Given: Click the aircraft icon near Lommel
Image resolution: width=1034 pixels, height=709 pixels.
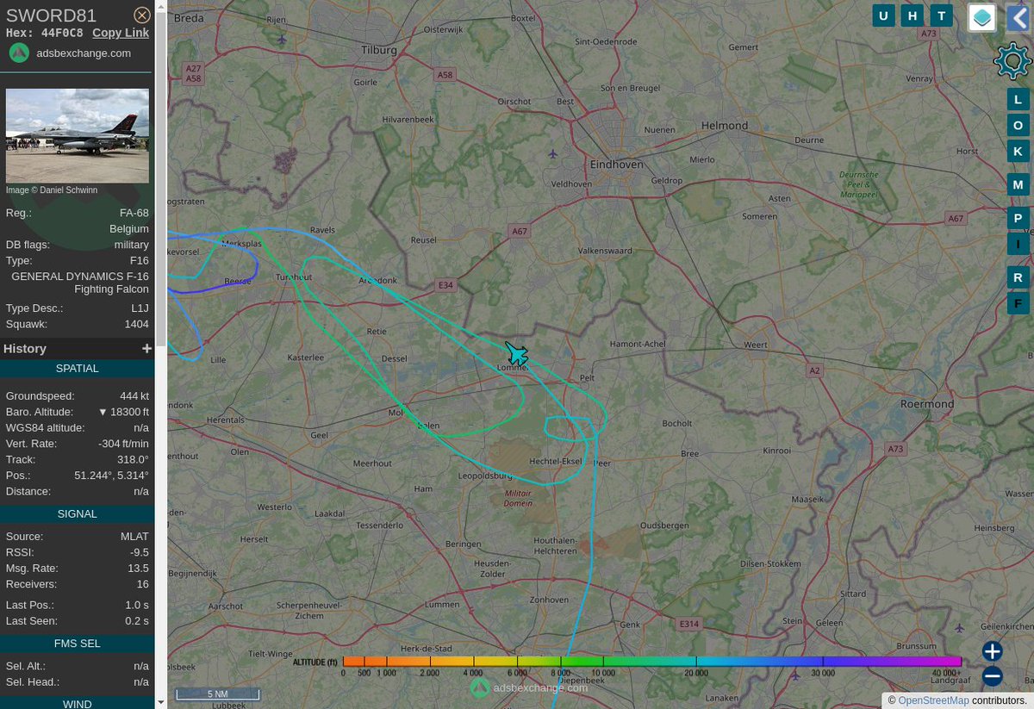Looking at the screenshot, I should pyautogui.click(x=517, y=353).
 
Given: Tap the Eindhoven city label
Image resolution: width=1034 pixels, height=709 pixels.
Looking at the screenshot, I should pyautogui.click(x=616, y=164).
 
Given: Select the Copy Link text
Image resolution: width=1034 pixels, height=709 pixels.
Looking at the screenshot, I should pyautogui.click(x=121, y=33).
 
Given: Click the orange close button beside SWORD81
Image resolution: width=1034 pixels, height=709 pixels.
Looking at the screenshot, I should pyautogui.click(x=142, y=15).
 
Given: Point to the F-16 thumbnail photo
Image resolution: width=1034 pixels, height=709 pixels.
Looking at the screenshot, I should pyautogui.click(x=78, y=135).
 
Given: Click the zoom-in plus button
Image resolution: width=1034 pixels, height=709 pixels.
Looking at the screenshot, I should pyautogui.click(x=992, y=651).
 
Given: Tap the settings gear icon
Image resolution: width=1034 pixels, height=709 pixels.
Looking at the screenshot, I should pyautogui.click(x=1012, y=61).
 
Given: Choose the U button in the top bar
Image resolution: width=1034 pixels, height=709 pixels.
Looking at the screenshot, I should pyautogui.click(x=883, y=16).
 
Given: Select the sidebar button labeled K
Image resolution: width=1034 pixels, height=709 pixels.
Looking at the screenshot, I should pyautogui.click(x=1018, y=151).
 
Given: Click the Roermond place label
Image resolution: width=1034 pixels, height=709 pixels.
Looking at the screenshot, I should pyautogui.click(x=926, y=403).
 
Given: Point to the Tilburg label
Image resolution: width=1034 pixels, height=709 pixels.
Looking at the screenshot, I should pyautogui.click(x=379, y=50).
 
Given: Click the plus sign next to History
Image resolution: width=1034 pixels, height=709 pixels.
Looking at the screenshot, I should pyautogui.click(x=146, y=348).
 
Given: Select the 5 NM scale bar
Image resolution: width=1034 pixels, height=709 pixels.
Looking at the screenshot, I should pyautogui.click(x=218, y=693).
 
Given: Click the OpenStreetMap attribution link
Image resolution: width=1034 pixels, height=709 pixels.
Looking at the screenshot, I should pyautogui.click(x=933, y=700).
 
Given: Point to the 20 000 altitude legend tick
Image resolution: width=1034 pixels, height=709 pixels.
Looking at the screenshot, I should pyautogui.click(x=697, y=672).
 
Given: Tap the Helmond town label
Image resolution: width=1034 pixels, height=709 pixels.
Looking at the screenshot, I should pyautogui.click(x=725, y=126).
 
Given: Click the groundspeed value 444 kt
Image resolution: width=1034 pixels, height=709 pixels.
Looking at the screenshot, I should pyautogui.click(x=134, y=396).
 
